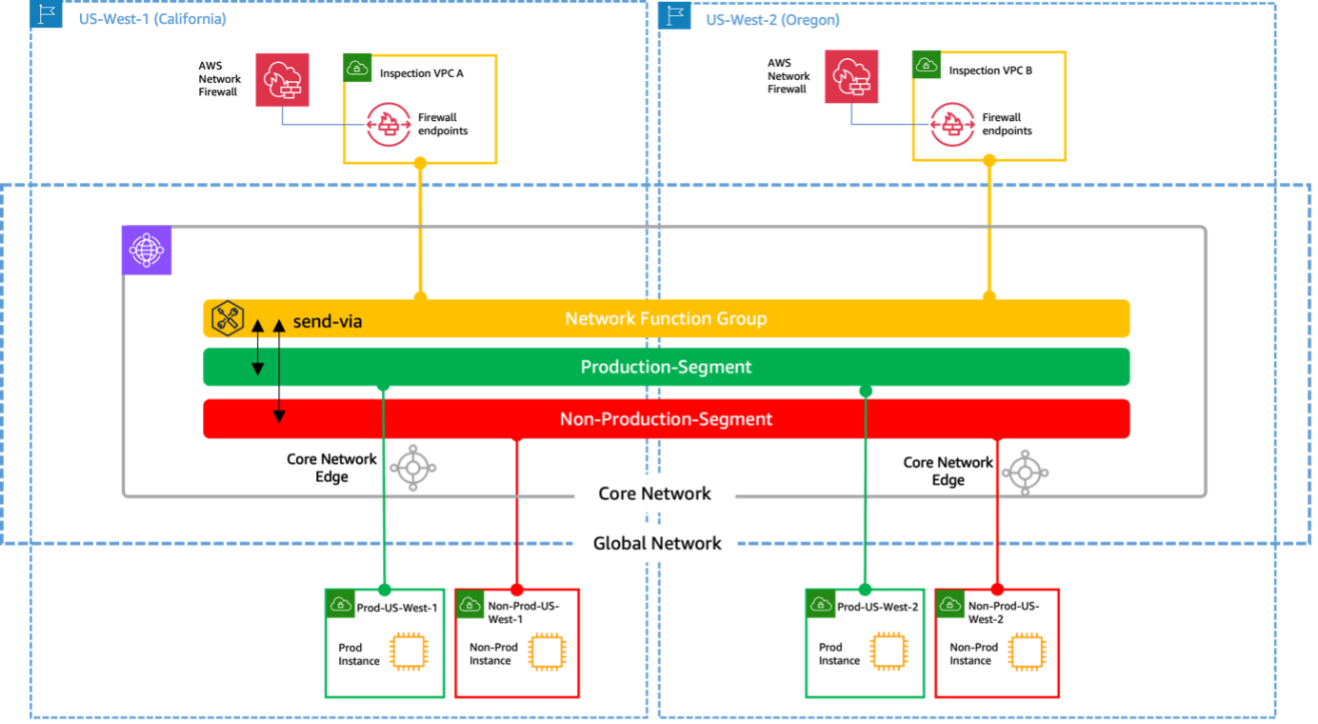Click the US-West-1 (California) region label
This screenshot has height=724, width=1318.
tap(152, 19)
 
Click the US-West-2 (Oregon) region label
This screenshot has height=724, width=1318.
tap(772, 20)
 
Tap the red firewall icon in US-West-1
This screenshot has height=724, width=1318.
tap(283, 80)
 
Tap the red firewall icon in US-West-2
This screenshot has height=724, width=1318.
tap(851, 77)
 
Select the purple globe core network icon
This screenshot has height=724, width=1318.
tap(147, 251)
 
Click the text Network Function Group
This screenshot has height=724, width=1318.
tap(666, 318)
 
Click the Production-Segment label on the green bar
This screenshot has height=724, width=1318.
tap(666, 367)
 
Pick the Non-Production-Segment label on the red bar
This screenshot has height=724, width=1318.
tap(666, 419)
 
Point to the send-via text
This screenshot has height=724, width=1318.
tap(327, 321)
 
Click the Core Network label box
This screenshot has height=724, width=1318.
tap(654, 493)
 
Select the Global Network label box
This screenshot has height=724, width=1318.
tap(656, 543)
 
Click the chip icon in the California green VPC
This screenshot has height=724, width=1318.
tap(408, 652)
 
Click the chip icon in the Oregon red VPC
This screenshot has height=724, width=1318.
tap(1025, 652)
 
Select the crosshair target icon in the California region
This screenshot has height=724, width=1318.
tap(413, 468)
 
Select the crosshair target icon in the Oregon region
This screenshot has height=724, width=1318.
tap(1025, 471)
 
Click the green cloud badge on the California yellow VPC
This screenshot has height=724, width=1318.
tap(358, 68)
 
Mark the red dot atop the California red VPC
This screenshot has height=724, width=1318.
tap(517, 590)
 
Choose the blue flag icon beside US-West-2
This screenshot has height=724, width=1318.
tap(674, 15)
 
